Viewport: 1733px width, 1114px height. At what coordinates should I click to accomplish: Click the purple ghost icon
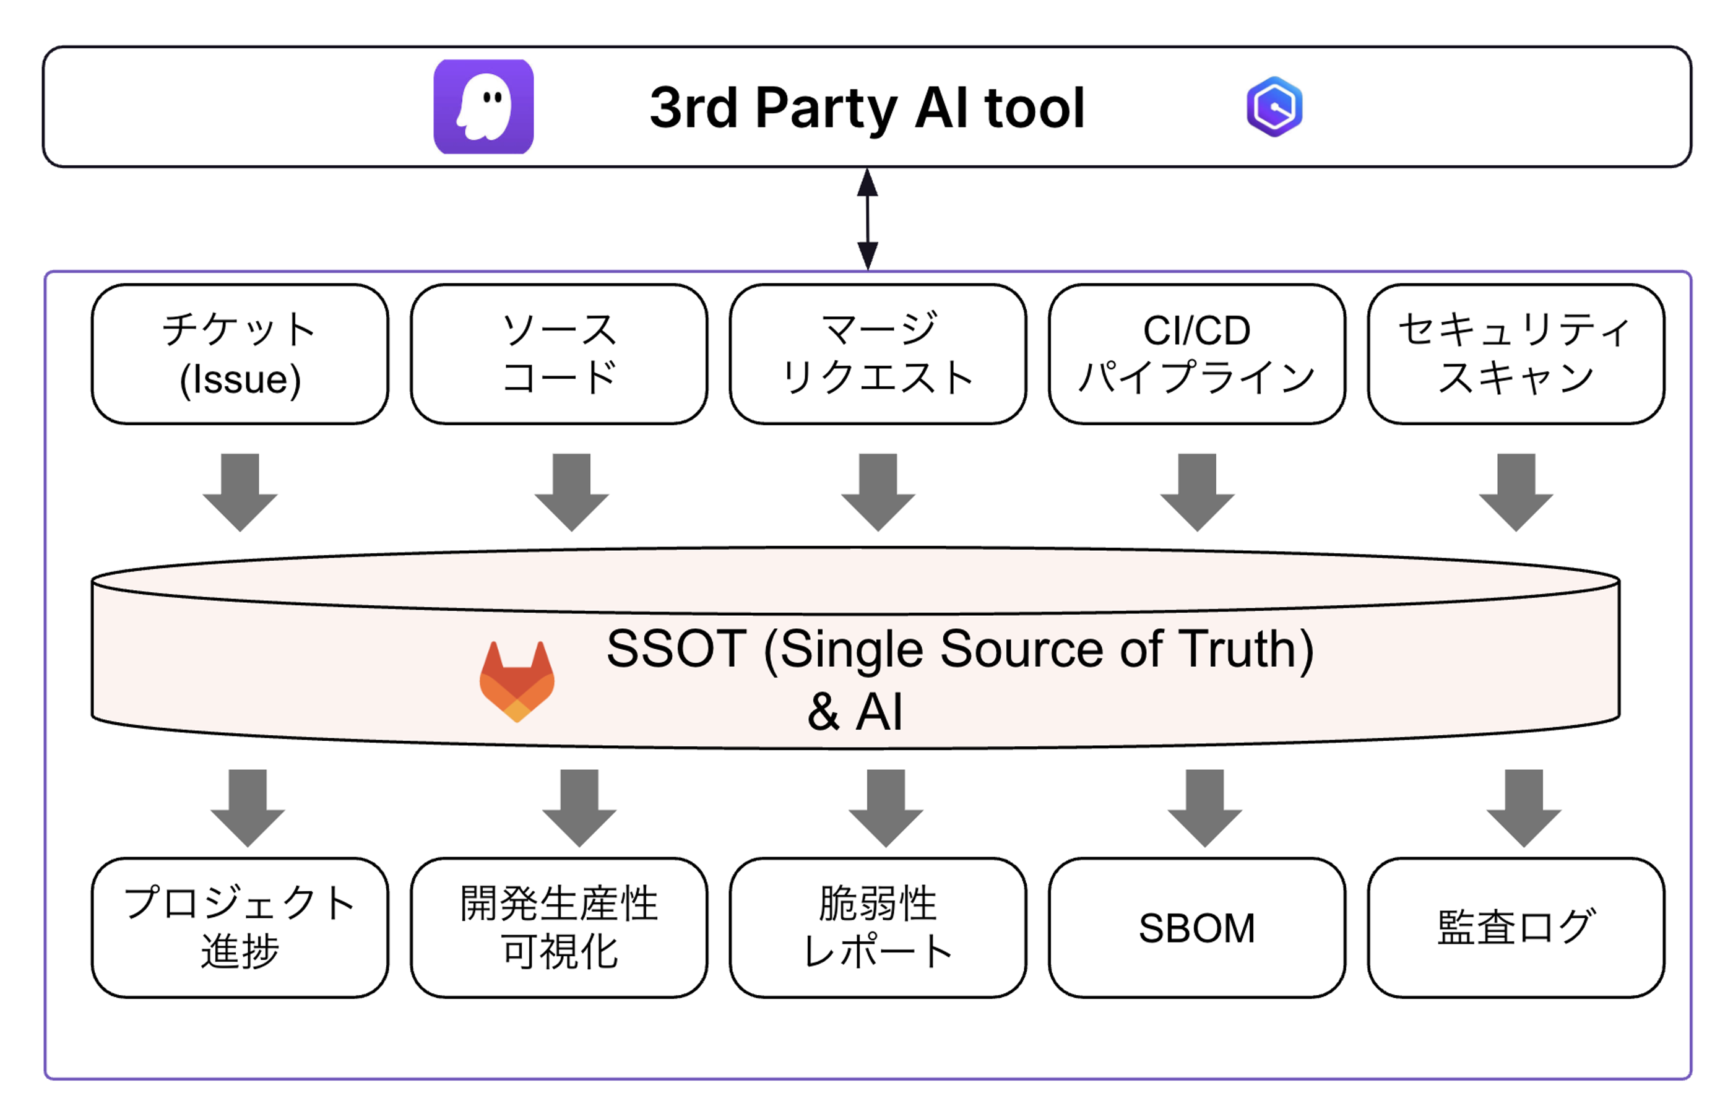(x=483, y=106)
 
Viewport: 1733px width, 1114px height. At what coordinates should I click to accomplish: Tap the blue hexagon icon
(x=1274, y=106)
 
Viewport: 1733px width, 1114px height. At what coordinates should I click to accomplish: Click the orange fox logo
(x=517, y=681)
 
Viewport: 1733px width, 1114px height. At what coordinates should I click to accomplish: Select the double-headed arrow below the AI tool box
(x=867, y=218)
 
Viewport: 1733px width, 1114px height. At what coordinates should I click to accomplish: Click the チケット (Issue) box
(x=240, y=354)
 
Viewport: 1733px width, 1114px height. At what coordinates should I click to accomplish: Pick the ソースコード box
(x=559, y=354)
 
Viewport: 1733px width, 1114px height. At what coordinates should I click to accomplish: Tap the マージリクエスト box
(x=878, y=354)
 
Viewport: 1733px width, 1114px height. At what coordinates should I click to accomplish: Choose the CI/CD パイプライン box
(x=1197, y=354)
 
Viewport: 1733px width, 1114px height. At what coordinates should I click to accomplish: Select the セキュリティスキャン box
(x=1516, y=354)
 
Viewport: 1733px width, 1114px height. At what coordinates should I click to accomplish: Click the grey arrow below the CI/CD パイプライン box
(x=1197, y=492)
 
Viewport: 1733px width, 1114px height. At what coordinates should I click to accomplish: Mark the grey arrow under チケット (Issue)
(x=240, y=492)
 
